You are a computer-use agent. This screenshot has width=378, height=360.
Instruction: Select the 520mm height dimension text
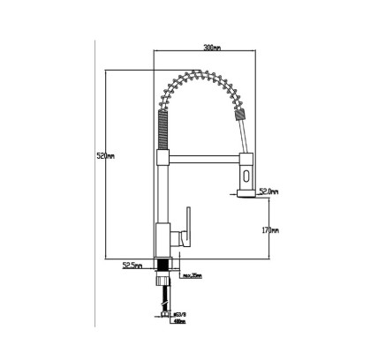tap(105, 156)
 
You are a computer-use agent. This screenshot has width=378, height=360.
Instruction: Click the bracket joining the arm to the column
tap(162, 158)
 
